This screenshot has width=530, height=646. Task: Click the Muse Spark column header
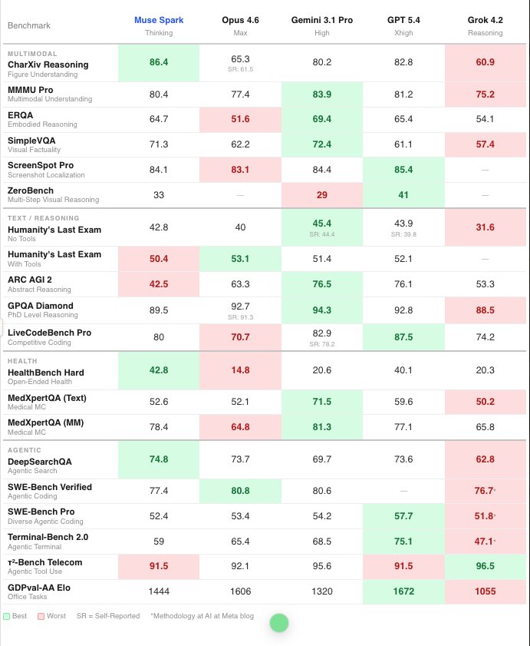point(159,19)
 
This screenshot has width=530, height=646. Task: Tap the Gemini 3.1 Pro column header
point(322,19)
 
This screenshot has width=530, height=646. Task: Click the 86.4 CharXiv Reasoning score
point(159,62)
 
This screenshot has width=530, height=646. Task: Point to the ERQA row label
point(20,115)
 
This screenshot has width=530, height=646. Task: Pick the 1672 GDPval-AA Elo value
point(403,591)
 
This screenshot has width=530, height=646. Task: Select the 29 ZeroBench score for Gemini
point(322,195)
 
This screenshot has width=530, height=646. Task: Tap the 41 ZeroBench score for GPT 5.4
point(403,195)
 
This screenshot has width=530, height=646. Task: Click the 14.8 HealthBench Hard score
point(240,369)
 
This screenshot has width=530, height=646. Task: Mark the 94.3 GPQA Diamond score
point(322,310)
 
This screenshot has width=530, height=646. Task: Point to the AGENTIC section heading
point(24,449)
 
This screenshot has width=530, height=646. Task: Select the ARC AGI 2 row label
point(31,279)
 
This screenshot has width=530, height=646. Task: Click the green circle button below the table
point(278,623)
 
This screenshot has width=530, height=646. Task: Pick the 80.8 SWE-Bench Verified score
point(240,490)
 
